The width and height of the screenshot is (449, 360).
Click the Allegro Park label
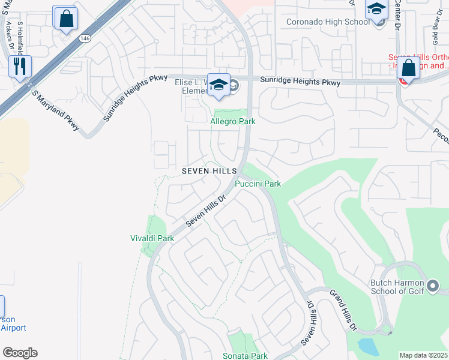click(233, 122)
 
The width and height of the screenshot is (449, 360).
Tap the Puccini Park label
click(258, 184)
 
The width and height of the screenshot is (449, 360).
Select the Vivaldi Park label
click(152, 238)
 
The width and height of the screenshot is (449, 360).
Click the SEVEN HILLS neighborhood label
click(209, 171)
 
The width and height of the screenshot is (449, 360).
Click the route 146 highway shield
click(85, 38)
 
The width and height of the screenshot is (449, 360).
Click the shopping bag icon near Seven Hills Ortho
click(408, 69)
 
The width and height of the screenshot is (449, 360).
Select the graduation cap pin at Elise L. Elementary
click(219, 85)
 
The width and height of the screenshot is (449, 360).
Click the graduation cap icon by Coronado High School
click(376, 10)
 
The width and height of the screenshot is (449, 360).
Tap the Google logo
click(20, 353)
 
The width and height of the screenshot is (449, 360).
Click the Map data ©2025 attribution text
click(424, 355)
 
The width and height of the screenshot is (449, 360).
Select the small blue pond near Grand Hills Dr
click(367, 346)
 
